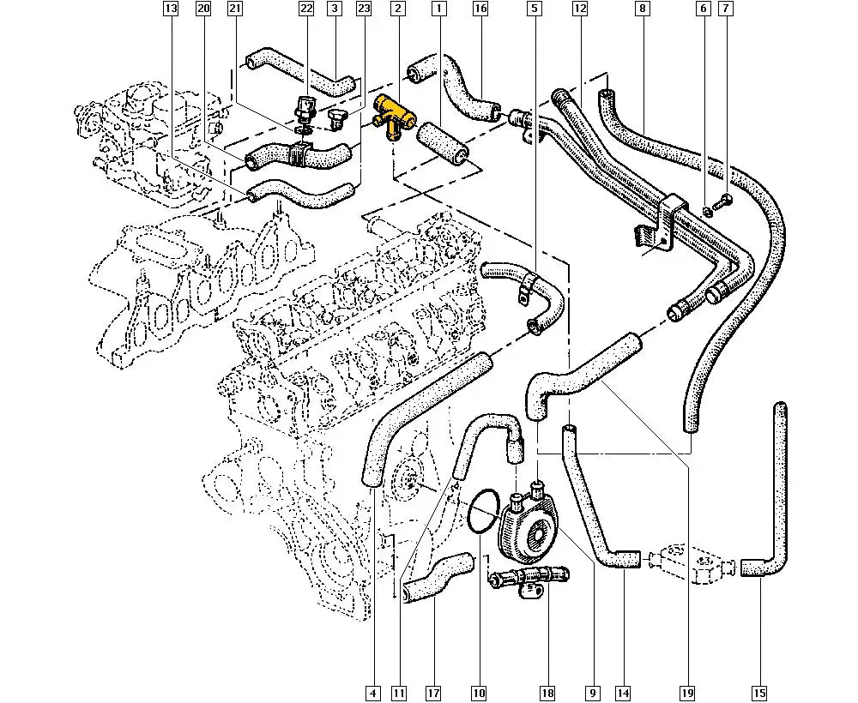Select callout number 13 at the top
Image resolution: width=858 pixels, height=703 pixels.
tap(172, 9)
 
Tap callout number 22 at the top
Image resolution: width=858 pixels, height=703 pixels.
tap(306, 9)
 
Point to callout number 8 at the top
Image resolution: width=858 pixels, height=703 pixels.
tap(643, 9)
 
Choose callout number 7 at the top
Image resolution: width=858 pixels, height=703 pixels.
tap(726, 9)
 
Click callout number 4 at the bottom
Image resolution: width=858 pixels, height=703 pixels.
tap(372, 694)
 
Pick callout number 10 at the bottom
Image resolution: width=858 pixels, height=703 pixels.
tap(479, 694)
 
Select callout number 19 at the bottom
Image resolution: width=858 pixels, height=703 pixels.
tap(687, 694)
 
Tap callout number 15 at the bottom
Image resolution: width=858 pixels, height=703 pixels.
tap(759, 694)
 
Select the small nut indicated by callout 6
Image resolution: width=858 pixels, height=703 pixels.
tap(708, 210)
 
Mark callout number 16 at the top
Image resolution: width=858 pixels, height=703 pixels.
tap(480, 9)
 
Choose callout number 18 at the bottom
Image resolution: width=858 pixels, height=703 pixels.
tap(547, 694)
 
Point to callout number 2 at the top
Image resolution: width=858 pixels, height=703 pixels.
tap(398, 9)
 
